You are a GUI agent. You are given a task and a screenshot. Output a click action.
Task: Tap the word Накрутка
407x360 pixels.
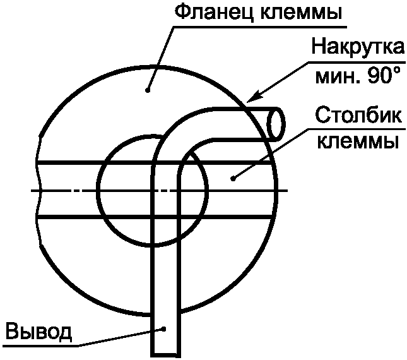coord(357,48)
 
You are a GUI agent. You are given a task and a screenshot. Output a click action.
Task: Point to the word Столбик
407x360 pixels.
coord(357,116)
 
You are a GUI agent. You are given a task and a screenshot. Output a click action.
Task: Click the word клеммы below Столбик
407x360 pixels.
coord(357,140)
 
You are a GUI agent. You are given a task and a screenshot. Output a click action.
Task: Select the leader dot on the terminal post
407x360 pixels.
coord(233,178)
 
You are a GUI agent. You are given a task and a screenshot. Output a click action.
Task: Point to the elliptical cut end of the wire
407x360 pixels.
coord(274,123)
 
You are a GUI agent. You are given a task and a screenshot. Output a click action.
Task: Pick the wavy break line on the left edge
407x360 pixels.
coord(39,189)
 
